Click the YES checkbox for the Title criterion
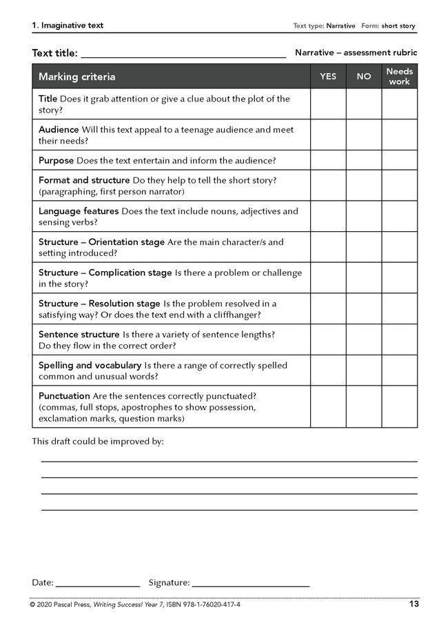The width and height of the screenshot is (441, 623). (328, 104)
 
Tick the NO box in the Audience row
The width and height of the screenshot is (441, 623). (364, 135)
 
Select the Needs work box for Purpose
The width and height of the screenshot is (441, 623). (400, 160)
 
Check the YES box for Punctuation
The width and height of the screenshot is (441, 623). (328, 407)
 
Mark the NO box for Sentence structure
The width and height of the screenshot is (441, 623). (364, 340)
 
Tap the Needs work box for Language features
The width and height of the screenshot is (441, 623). (400, 216)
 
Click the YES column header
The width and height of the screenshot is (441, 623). (328, 77)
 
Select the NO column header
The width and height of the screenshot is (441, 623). (364, 77)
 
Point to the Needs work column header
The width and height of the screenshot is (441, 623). (400, 77)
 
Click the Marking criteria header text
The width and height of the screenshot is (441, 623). (77, 77)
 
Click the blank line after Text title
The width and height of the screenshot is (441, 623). (183, 54)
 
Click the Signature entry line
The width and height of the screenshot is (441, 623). (251, 584)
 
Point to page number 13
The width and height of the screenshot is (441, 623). (413, 604)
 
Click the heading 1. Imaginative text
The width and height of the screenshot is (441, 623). (68, 26)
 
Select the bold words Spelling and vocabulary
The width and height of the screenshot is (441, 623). (90, 365)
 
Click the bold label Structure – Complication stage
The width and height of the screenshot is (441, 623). (105, 273)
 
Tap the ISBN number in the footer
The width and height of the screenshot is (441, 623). (207, 605)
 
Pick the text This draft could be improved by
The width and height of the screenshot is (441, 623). (98, 441)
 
